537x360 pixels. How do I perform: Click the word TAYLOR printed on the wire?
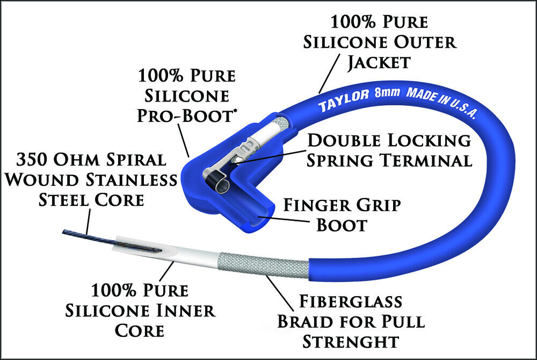click(344, 100)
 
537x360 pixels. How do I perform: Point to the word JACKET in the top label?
click(379, 63)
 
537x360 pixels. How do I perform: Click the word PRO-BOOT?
click(186, 116)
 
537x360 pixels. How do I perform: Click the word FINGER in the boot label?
click(316, 205)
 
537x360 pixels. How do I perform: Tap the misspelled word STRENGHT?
click(351, 342)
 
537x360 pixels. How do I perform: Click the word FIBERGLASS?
click(351, 301)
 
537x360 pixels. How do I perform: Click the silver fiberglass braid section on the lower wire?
click(264, 265)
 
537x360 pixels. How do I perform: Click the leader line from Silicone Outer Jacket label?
click(329, 73)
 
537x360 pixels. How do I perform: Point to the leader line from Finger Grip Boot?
click(284, 220)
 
